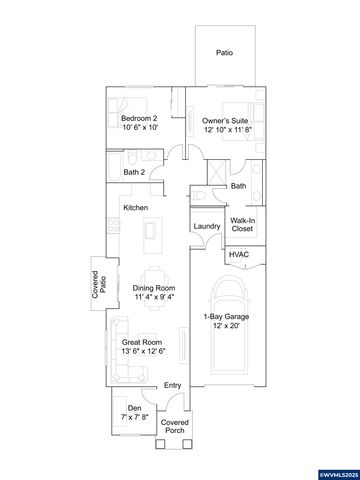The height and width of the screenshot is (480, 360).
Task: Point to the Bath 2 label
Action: click(x=135, y=172)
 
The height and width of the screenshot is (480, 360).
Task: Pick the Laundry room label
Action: click(x=206, y=226)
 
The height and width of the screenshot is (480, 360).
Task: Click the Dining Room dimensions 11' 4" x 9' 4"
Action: click(x=154, y=297)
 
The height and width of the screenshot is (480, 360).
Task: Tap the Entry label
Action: click(x=173, y=385)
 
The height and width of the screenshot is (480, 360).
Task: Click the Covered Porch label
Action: click(x=174, y=427)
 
